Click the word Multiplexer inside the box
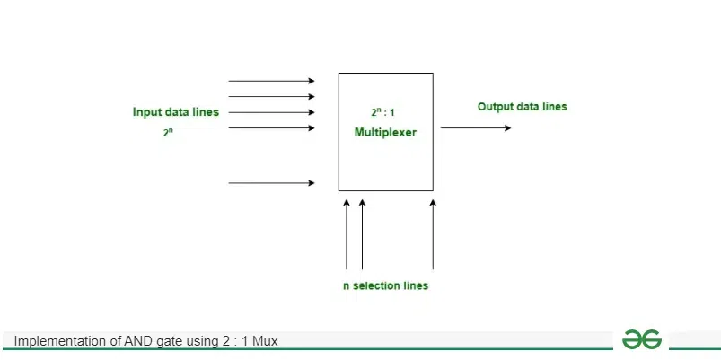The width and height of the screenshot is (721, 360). pyautogui.click(x=385, y=133)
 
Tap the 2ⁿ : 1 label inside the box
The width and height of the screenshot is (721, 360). pyautogui.click(x=382, y=111)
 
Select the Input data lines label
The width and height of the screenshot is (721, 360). pyautogui.click(x=176, y=112)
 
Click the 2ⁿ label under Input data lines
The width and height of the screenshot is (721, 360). pyautogui.click(x=168, y=133)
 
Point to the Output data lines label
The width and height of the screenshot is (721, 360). pyautogui.click(x=523, y=107)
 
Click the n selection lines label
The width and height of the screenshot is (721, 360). pyautogui.click(x=385, y=286)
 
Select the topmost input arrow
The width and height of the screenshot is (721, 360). pyautogui.click(x=272, y=81)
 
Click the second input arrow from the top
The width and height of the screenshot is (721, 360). pyautogui.click(x=272, y=97)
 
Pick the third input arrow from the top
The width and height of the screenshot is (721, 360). pyautogui.click(x=272, y=112)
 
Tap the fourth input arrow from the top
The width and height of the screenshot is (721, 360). pyautogui.click(x=272, y=127)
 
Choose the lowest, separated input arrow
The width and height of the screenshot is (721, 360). pyautogui.click(x=272, y=183)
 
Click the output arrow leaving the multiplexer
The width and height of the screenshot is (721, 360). pyautogui.click(x=476, y=127)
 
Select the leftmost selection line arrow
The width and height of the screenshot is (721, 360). pyautogui.click(x=347, y=234)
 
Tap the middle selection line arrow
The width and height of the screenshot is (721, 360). pyautogui.click(x=363, y=234)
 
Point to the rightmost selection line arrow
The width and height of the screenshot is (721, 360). pyautogui.click(x=433, y=234)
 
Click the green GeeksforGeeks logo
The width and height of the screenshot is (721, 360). pyautogui.click(x=642, y=339)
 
